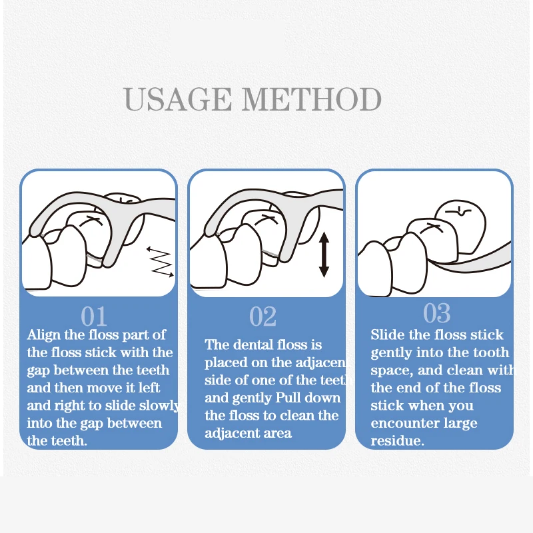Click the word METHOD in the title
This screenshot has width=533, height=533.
pos(312,99)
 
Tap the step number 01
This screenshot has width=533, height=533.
pos(94,316)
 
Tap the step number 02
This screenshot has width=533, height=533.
pos(263,316)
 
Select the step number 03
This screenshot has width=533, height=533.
pos(437,313)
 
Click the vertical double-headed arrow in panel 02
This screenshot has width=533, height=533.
pos(324,255)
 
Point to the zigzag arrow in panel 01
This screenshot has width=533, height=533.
pos(160,262)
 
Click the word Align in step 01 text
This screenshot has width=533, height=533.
pos(43,336)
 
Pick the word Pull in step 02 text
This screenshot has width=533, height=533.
pos(288,398)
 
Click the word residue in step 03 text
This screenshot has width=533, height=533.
pos(395,441)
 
